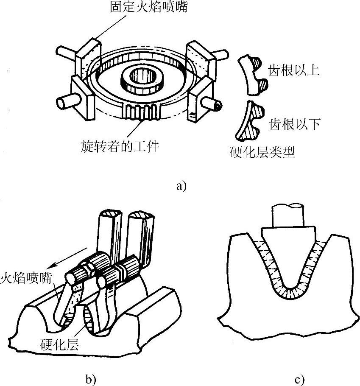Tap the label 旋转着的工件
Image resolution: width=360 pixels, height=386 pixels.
click(x=119, y=147)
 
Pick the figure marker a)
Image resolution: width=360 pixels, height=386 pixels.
click(x=181, y=185)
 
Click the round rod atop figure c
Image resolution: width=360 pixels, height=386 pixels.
click(x=288, y=215)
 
